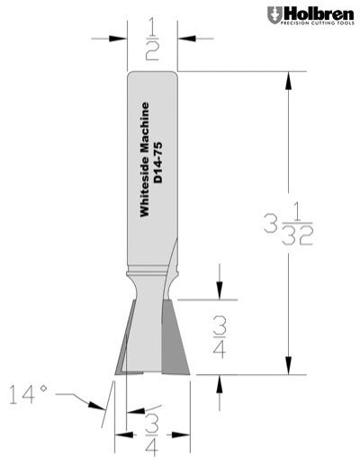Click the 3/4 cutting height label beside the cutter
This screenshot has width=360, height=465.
(219, 336)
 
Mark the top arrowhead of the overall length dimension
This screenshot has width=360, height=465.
(287, 79)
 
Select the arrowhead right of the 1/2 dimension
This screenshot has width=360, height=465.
(184, 39)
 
